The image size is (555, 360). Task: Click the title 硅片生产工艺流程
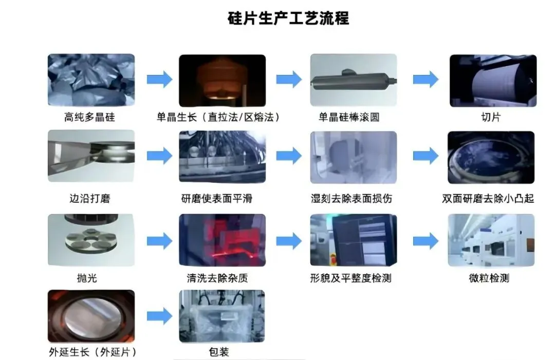point(288,19)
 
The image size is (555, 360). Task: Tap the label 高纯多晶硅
point(89,118)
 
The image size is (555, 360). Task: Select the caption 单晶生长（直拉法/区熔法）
point(219,118)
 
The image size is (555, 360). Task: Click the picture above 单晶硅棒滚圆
point(353,80)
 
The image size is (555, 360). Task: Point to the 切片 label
point(491,118)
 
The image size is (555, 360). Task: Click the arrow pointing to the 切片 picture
point(425,80)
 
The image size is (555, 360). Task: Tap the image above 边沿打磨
point(91,156)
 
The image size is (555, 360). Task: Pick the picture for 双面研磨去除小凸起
point(491,157)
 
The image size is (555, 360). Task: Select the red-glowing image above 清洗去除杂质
point(222,240)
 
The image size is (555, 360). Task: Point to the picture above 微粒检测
point(491,240)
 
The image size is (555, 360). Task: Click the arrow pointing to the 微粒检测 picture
point(425,240)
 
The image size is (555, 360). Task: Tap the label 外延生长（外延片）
point(90,352)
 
